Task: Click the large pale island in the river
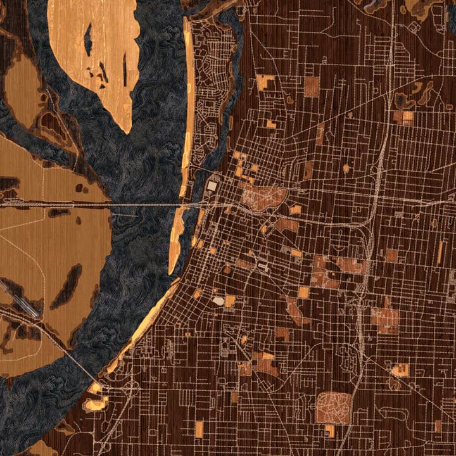[x=95, y=44]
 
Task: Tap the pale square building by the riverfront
[x=212, y=187]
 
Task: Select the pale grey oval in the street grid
[x=218, y=301]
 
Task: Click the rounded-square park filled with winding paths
[x=333, y=408]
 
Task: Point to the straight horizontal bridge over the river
[x=146, y=205]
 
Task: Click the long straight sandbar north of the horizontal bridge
[x=188, y=95]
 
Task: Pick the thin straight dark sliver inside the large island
[x=125, y=70]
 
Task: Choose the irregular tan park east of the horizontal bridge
[x=263, y=198]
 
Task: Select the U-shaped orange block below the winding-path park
[x=330, y=431]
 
